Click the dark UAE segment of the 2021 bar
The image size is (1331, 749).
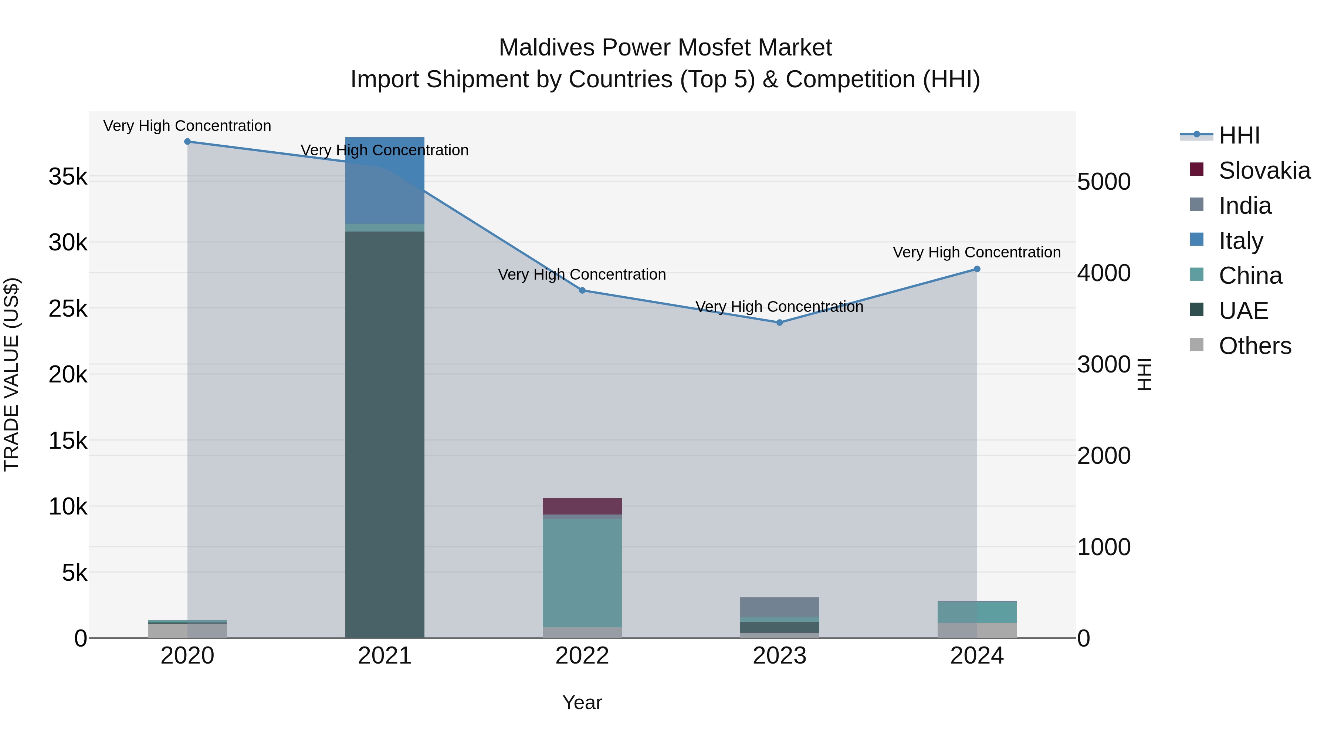385,434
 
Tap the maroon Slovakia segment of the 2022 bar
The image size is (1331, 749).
582,506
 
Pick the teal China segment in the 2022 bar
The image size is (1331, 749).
582,573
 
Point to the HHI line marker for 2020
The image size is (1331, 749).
187,142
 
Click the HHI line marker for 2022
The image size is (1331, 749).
582,290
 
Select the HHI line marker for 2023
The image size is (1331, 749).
780,323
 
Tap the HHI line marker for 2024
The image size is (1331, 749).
977,269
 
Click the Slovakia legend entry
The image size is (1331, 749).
1264,171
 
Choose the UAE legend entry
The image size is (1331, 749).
1243,311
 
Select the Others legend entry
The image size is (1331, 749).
1254,346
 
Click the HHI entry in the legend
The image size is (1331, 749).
1239,135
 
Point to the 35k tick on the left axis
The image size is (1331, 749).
68,177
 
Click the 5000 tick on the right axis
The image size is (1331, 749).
1104,182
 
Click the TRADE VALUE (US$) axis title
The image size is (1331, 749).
11,374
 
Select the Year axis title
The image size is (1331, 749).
582,702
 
